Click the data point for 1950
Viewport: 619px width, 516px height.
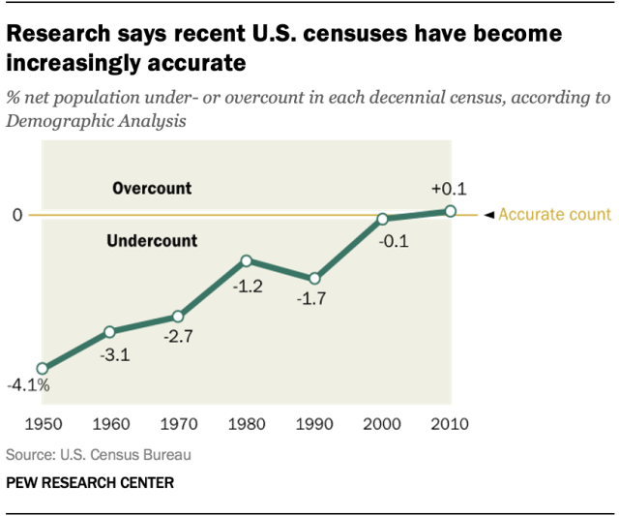(x=42, y=369)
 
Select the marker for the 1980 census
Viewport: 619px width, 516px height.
(x=247, y=260)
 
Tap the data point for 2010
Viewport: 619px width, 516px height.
(x=451, y=210)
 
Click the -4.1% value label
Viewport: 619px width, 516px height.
(x=28, y=386)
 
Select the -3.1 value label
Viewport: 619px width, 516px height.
(x=114, y=354)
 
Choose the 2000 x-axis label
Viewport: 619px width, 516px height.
(x=383, y=425)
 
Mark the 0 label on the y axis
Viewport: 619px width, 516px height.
(x=16, y=215)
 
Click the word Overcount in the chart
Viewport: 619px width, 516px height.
(x=152, y=188)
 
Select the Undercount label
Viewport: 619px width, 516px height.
(x=153, y=241)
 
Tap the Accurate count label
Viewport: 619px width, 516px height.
(x=554, y=215)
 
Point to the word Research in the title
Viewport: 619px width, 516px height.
(x=61, y=35)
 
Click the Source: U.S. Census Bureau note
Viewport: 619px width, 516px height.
(x=99, y=453)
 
